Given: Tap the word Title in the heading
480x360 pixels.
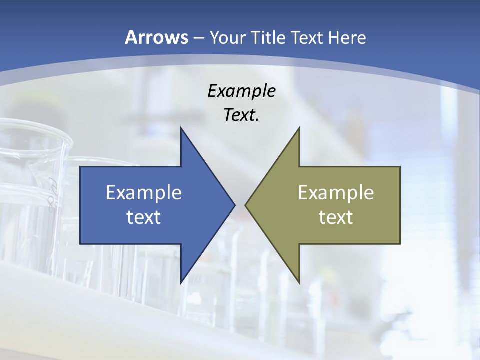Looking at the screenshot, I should click(x=268, y=37).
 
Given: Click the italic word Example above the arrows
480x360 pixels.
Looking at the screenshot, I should click(x=241, y=91).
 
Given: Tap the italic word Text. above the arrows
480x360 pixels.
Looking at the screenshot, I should click(x=241, y=115).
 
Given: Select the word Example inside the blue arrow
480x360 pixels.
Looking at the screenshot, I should click(x=144, y=193).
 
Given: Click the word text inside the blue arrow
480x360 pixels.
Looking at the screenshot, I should click(x=144, y=217).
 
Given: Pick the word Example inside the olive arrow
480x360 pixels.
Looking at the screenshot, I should click(x=336, y=193).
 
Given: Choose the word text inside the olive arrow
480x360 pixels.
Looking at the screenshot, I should click(x=336, y=217).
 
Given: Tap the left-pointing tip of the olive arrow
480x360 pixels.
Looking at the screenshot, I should click(x=246, y=205).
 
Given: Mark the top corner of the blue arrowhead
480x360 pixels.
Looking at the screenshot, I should click(x=181, y=128).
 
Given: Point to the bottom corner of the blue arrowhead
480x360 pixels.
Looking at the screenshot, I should click(x=181, y=282).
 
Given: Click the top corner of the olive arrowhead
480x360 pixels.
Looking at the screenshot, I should click(x=299, y=128).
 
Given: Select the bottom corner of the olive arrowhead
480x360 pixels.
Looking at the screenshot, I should click(x=299, y=282).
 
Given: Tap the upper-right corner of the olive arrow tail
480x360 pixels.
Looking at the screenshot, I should click(x=400, y=167).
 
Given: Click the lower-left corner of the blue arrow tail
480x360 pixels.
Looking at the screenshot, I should click(x=80, y=243).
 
